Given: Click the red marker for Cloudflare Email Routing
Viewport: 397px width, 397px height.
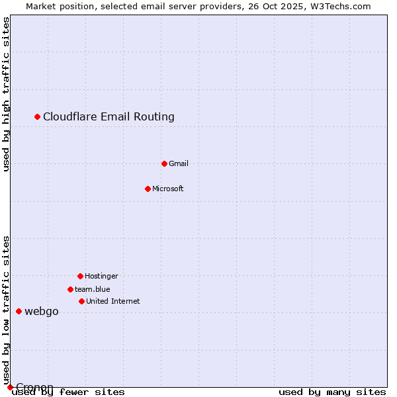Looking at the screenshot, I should [38, 116].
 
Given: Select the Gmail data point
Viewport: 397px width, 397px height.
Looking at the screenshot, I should [164, 163].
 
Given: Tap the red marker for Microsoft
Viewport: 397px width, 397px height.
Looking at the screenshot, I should [148, 189].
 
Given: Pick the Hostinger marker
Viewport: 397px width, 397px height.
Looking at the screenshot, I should [80, 276].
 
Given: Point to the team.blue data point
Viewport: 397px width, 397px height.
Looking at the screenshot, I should [70, 289].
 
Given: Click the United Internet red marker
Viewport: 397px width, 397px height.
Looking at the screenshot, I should [81, 301].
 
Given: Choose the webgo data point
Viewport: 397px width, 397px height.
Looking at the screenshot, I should [19, 311].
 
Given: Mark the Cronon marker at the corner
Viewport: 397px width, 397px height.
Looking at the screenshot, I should [10, 387].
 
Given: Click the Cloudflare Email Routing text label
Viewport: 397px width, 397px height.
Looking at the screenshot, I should [109, 117].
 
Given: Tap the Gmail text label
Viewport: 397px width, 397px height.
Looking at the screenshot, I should [178, 163].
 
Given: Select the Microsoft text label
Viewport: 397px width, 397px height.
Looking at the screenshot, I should [167, 189].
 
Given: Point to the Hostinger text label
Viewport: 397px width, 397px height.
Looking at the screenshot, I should [101, 276].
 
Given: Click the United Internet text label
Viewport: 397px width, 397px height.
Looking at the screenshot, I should [112, 301].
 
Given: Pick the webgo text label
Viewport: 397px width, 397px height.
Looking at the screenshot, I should [41, 312].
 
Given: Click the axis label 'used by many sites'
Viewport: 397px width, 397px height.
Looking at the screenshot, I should [332, 392].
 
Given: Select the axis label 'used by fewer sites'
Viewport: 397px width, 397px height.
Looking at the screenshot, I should [69, 392].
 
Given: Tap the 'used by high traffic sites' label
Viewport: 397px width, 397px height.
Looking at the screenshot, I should [7, 94].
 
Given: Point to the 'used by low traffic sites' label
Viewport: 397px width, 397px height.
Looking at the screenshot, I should [7, 310].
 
